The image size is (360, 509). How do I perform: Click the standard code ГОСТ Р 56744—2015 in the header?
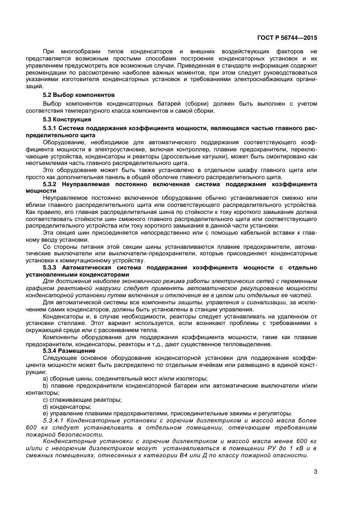(x=286, y=38)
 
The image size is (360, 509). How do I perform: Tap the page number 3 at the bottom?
(x=315, y=471)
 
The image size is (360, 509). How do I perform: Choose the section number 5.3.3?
(x=51, y=267)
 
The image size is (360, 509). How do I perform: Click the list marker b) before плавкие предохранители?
(x=45, y=385)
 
